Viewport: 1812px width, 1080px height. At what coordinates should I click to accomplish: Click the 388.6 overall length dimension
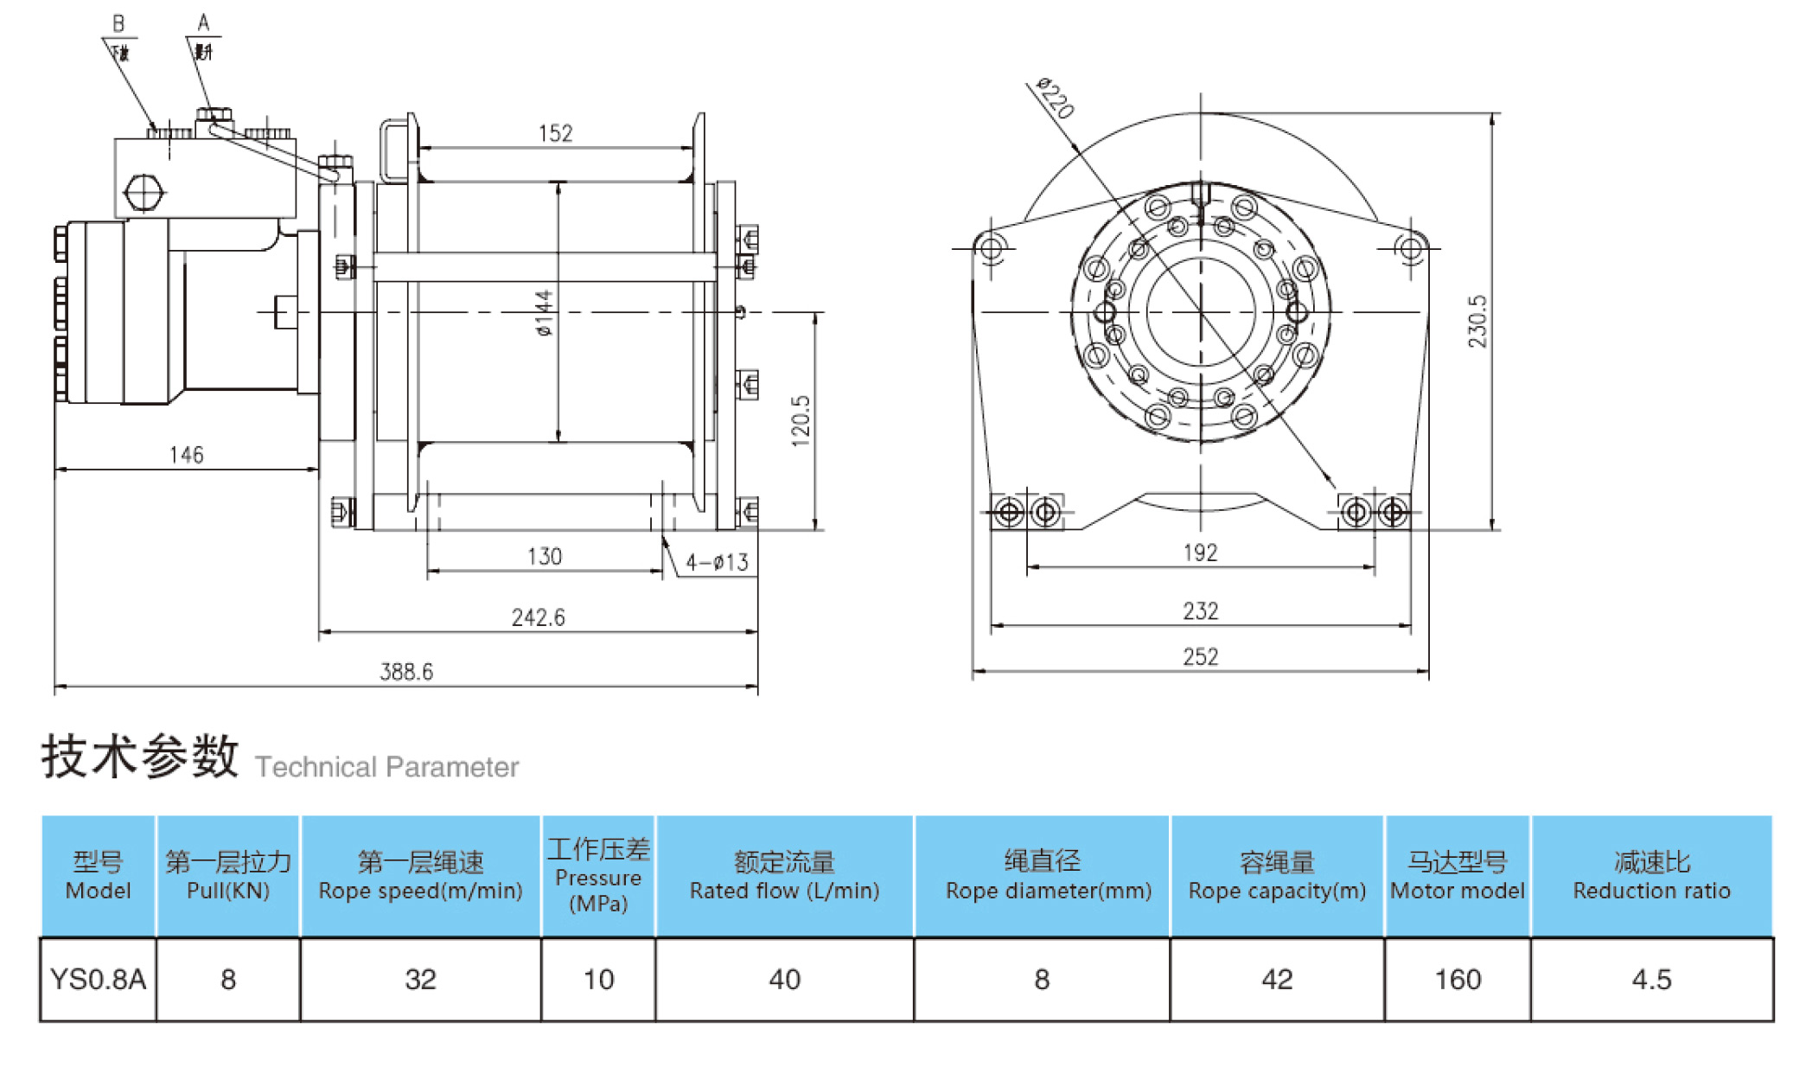click(x=406, y=671)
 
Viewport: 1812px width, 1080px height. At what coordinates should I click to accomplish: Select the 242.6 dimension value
click(x=538, y=617)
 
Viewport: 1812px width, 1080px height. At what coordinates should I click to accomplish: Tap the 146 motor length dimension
click(x=187, y=455)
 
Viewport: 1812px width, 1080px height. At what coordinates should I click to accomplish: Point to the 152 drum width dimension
click(x=555, y=133)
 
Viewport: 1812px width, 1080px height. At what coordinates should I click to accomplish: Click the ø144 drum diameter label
click(x=543, y=313)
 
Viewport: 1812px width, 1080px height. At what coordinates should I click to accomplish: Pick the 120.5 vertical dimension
click(x=801, y=421)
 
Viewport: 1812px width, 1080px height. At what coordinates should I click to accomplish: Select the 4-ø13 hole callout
click(x=717, y=563)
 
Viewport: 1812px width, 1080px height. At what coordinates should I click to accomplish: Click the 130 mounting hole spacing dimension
click(x=545, y=556)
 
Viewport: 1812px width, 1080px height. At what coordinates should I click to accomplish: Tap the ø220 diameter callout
click(x=1056, y=98)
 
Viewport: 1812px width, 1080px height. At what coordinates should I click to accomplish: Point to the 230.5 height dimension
click(x=1477, y=322)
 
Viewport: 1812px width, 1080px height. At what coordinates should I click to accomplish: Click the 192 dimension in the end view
click(x=1200, y=553)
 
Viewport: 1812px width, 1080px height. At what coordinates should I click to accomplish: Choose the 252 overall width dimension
click(x=1200, y=657)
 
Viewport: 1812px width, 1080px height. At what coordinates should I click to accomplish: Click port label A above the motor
click(x=203, y=22)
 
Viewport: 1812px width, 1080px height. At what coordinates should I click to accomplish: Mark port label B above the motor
click(x=118, y=24)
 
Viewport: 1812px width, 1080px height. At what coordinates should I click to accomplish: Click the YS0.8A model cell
click(x=98, y=980)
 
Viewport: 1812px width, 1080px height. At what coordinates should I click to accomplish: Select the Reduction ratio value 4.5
click(x=1651, y=980)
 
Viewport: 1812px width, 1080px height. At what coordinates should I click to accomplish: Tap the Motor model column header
click(x=1458, y=876)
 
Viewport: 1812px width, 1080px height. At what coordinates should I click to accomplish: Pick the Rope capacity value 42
click(x=1277, y=980)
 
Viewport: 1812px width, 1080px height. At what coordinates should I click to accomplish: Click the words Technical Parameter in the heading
click(x=386, y=767)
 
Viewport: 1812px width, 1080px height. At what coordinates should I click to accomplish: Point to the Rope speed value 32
click(x=420, y=980)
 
